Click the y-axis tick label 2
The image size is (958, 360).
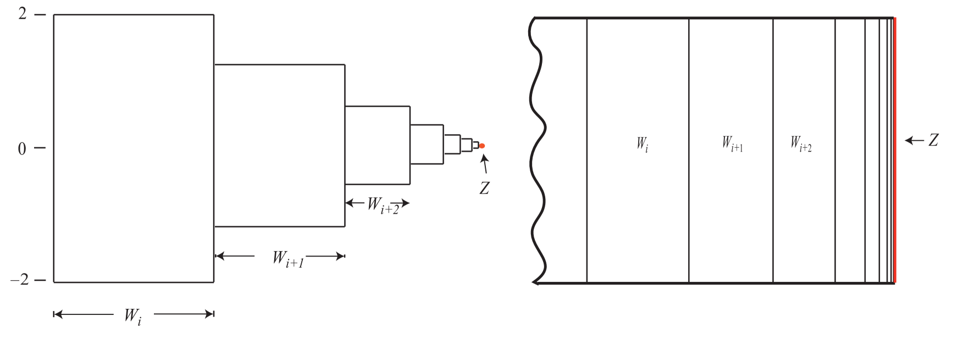[22, 13]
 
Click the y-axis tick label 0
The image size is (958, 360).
[22, 149]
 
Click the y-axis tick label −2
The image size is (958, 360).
[20, 280]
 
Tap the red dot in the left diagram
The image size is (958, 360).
[482, 146]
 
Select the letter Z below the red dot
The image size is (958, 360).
[484, 189]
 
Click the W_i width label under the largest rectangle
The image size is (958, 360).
[132, 316]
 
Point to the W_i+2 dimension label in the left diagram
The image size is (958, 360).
[383, 206]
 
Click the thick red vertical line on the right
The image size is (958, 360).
[895, 149]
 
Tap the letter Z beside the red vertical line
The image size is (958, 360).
[933, 141]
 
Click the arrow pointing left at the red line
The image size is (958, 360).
[914, 141]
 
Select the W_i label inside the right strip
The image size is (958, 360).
[642, 145]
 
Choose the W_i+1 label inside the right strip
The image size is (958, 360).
[732, 144]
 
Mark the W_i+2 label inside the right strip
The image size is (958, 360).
[801, 144]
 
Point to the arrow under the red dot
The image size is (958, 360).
[484, 164]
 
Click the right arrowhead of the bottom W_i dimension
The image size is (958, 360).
[210, 314]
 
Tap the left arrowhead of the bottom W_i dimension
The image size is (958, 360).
[57, 314]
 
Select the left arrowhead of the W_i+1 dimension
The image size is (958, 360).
[218, 256]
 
